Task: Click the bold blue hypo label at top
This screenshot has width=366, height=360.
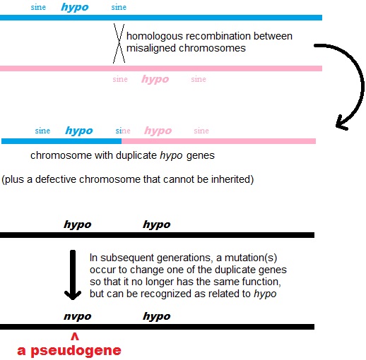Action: [x=75, y=7]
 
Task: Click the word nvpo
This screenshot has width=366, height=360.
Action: [x=77, y=316]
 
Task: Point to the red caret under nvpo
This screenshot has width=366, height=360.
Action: [x=74, y=337]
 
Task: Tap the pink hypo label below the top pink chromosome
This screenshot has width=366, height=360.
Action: [x=155, y=79]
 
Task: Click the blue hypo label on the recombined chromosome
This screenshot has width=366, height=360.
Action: [x=78, y=131]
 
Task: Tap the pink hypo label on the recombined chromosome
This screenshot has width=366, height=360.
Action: [x=158, y=131]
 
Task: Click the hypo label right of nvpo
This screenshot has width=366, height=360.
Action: [x=156, y=316]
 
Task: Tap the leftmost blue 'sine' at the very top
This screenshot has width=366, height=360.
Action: [x=39, y=7]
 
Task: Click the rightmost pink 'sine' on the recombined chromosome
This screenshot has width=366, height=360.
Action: [x=201, y=131]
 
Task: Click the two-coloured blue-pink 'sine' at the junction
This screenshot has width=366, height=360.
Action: [x=123, y=131]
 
